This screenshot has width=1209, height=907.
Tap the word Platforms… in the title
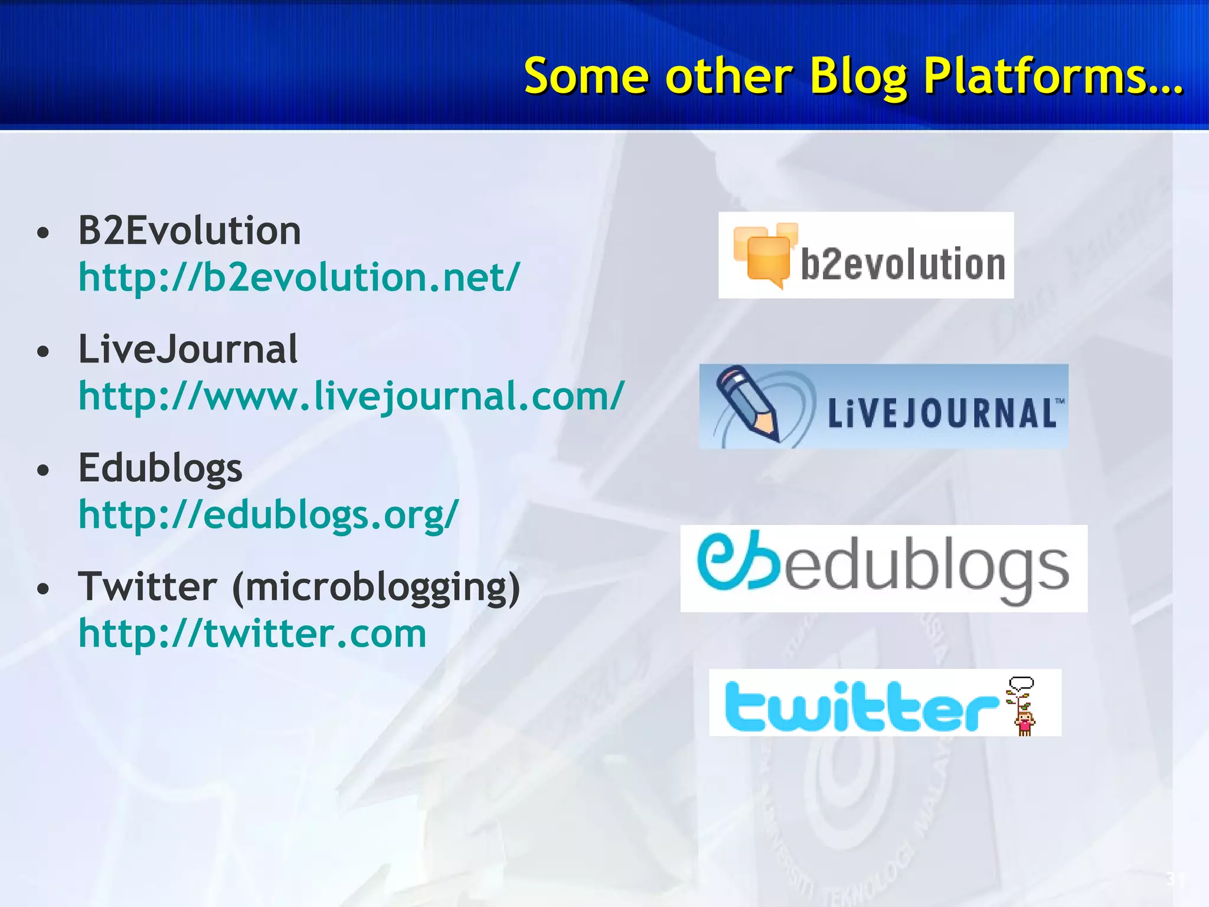[x=1053, y=77]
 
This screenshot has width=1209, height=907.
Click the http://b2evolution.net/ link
[x=299, y=277]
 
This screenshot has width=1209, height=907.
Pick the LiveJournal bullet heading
[x=188, y=349]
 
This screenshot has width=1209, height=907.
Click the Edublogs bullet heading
[x=160, y=468]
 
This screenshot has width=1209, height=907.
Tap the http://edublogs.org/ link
[x=269, y=515]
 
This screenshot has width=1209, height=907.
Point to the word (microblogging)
[x=376, y=588]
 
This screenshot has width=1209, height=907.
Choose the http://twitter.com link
[x=252, y=634]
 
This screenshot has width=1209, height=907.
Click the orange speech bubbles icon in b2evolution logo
[x=765, y=255]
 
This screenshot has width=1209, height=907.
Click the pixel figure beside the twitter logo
[x=1024, y=707]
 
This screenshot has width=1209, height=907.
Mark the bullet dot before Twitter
[x=43, y=589]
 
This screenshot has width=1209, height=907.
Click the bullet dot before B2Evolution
[x=43, y=233]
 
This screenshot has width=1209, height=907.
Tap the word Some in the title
[x=587, y=77]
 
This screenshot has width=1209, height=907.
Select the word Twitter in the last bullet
[x=148, y=587]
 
